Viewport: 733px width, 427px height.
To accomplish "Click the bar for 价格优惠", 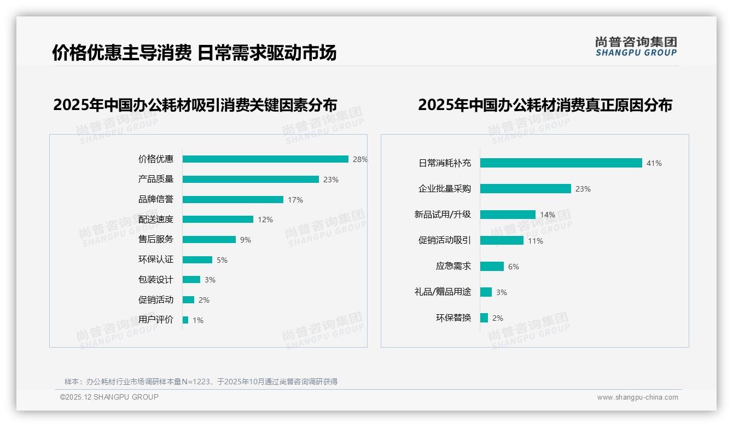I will (x=265, y=159).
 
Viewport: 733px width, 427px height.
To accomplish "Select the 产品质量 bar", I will (x=251, y=180).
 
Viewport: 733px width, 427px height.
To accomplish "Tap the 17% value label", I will (x=295, y=200).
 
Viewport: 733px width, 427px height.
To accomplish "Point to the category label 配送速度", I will (x=156, y=220).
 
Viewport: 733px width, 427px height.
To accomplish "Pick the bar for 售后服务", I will (x=209, y=240).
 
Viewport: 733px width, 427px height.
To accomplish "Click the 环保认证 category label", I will (x=156, y=259).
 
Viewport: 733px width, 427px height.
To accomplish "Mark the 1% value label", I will (x=198, y=320).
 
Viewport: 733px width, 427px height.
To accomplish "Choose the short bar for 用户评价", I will (x=185, y=320).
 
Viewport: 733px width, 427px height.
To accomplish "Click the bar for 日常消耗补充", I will (x=561, y=163).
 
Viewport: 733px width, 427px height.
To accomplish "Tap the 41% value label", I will (x=654, y=163).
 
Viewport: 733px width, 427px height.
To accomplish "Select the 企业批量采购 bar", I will (x=525, y=189).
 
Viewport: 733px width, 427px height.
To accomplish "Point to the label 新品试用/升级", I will (x=443, y=215).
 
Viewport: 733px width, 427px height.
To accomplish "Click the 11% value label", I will (x=536, y=241).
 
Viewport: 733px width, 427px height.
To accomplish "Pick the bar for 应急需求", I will (x=492, y=267).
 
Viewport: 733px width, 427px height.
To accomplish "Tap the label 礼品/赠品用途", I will (x=443, y=292).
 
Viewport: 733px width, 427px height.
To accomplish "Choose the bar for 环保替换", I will (x=484, y=318).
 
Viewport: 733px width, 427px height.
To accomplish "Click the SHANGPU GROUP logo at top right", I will (x=636, y=47).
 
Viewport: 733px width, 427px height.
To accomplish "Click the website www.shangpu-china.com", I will (x=637, y=397).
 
